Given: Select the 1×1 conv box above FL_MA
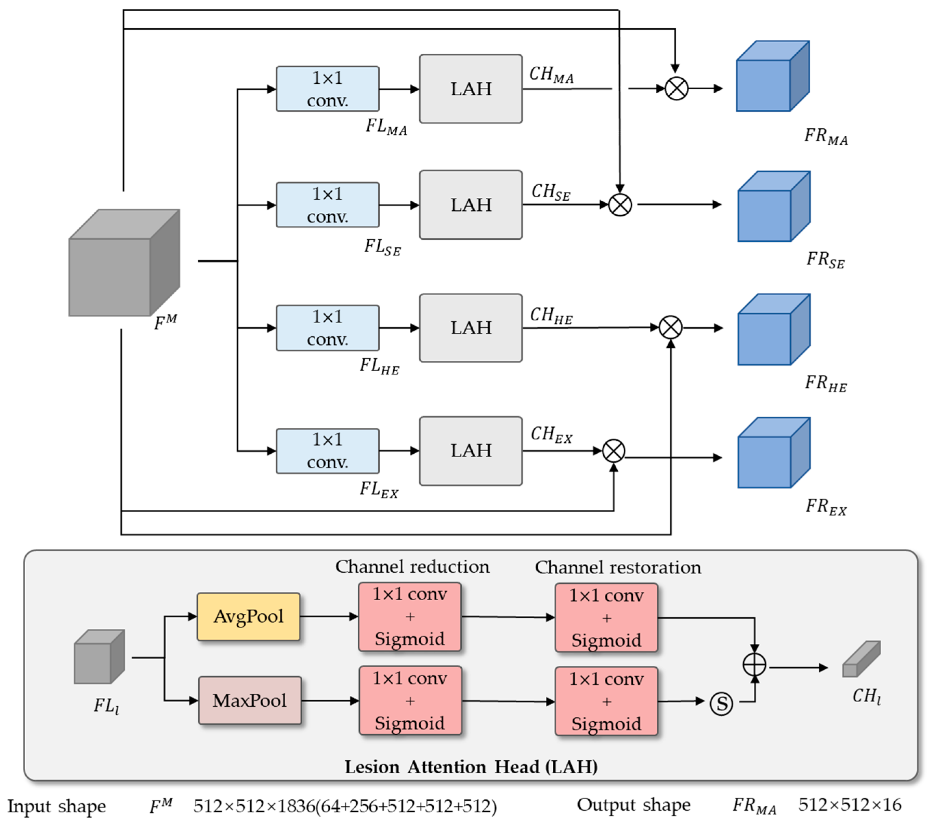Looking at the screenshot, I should pyautogui.click(x=327, y=89).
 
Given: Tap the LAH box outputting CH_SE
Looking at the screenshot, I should pyautogui.click(x=471, y=204).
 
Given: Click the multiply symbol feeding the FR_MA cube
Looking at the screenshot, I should pyautogui.click(x=676, y=89).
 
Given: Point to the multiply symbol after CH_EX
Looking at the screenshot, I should pyautogui.click(x=614, y=451).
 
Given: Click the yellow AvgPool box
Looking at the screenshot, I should pyautogui.click(x=248, y=617).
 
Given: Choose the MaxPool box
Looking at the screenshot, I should pyautogui.click(x=250, y=701).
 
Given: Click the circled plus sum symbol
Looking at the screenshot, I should pyautogui.click(x=754, y=665).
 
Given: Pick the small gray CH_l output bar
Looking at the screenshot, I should pyautogui.click(x=861, y=659).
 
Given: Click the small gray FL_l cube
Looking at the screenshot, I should pyautogui.click(x=99, y=657).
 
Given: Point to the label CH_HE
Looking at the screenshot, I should pyautogui.click(x=551, y=315).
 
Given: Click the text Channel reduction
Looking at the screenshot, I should pyautogui.click(x=412, y=567).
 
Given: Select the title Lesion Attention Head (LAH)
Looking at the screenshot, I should pyautogui.click(x=471, y=767).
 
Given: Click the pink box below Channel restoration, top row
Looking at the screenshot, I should pyautogui.click(x=606, y=617).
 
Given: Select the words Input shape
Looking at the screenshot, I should pyautogui.click(x=56, y=806).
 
